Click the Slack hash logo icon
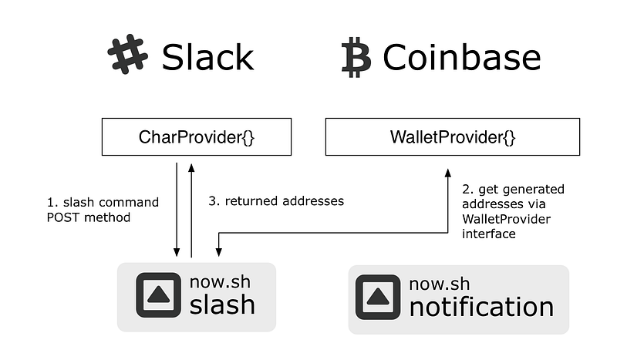(127, 56)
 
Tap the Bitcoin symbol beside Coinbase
(356, 59)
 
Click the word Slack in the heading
(207, 57)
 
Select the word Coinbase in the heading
(461, 58)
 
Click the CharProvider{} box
(197, 137)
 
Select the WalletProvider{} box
(452, 137)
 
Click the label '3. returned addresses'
(276, 200)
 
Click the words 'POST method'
(86, 217)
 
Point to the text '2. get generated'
(512, 189)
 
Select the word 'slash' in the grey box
(222, 304)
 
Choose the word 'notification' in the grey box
(481, 307)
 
